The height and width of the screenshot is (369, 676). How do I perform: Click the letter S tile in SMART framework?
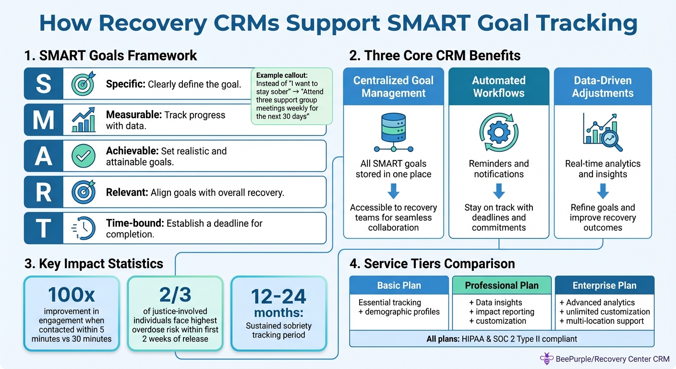pyautogui.click(x=43, y=84)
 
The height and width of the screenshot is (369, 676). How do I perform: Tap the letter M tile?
pyautogui.click(x=43, y=120)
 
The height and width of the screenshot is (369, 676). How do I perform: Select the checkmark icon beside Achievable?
pyautogui.click(x=81, y=156)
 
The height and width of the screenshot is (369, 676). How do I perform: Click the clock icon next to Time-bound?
pyautogui.click(x=80, y=228)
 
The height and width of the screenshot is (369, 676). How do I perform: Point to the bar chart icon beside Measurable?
pyautogui.click(x=81, y=120)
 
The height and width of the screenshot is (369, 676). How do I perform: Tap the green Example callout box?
pyautogui.click(x=292, y=97)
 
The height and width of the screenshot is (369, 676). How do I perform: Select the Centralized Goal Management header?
pyautogui.click(x=393, y=87)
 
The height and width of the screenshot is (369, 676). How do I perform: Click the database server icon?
pyautogui.click(x=393, y=133)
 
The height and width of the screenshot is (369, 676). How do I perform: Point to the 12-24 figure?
pyautogui.click(x=279, y=296)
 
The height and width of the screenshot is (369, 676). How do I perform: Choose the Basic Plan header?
pyautogui.click(x=398, y=285)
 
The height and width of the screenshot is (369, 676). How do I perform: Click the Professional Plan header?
pyautogui.click(x=501, y=285)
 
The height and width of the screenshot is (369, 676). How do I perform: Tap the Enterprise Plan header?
pyautogui.click(x=604, y=285)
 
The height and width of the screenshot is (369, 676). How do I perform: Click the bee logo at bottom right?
pyautogui.click(x=546, y=358)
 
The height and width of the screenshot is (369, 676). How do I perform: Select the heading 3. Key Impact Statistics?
pyautogui.click(x=94, y=263)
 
